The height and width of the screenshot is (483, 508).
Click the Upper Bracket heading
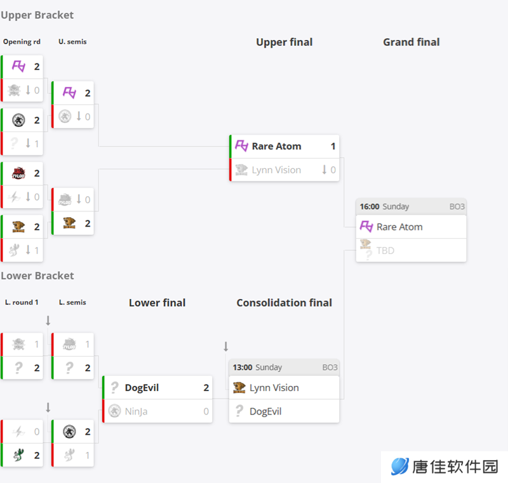pos(37,15)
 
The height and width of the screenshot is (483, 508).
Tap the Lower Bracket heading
pos(37,276)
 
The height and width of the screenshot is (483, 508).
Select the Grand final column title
pos(411,42)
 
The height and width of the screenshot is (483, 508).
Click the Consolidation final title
pos(284,303)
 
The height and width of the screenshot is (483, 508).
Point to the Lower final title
pos(157,303)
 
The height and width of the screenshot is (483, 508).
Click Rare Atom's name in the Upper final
pos(276,147)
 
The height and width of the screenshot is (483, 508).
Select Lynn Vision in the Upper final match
pos(276,170)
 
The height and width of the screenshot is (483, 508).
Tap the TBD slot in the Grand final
pos(385,251)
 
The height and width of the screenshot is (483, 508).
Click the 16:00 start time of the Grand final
pos(370,206)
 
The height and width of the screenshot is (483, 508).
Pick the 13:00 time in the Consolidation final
pos(243,367)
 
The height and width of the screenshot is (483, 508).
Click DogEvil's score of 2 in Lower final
pos(206,388)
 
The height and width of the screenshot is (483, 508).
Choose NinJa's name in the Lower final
pos(136,411)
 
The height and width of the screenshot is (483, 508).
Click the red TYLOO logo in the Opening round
pos(18,173)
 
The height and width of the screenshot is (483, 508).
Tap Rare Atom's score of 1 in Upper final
pos(333,147)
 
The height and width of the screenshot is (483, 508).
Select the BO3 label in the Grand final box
pos(457,206)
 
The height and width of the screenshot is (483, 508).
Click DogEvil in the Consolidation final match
pos(265,411)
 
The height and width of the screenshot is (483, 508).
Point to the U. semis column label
pos(72,42)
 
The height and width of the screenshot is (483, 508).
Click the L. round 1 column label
pos(22,302)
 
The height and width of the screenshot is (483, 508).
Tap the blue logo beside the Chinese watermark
pos(400,466)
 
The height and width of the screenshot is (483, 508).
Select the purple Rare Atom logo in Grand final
pos(366,227)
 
